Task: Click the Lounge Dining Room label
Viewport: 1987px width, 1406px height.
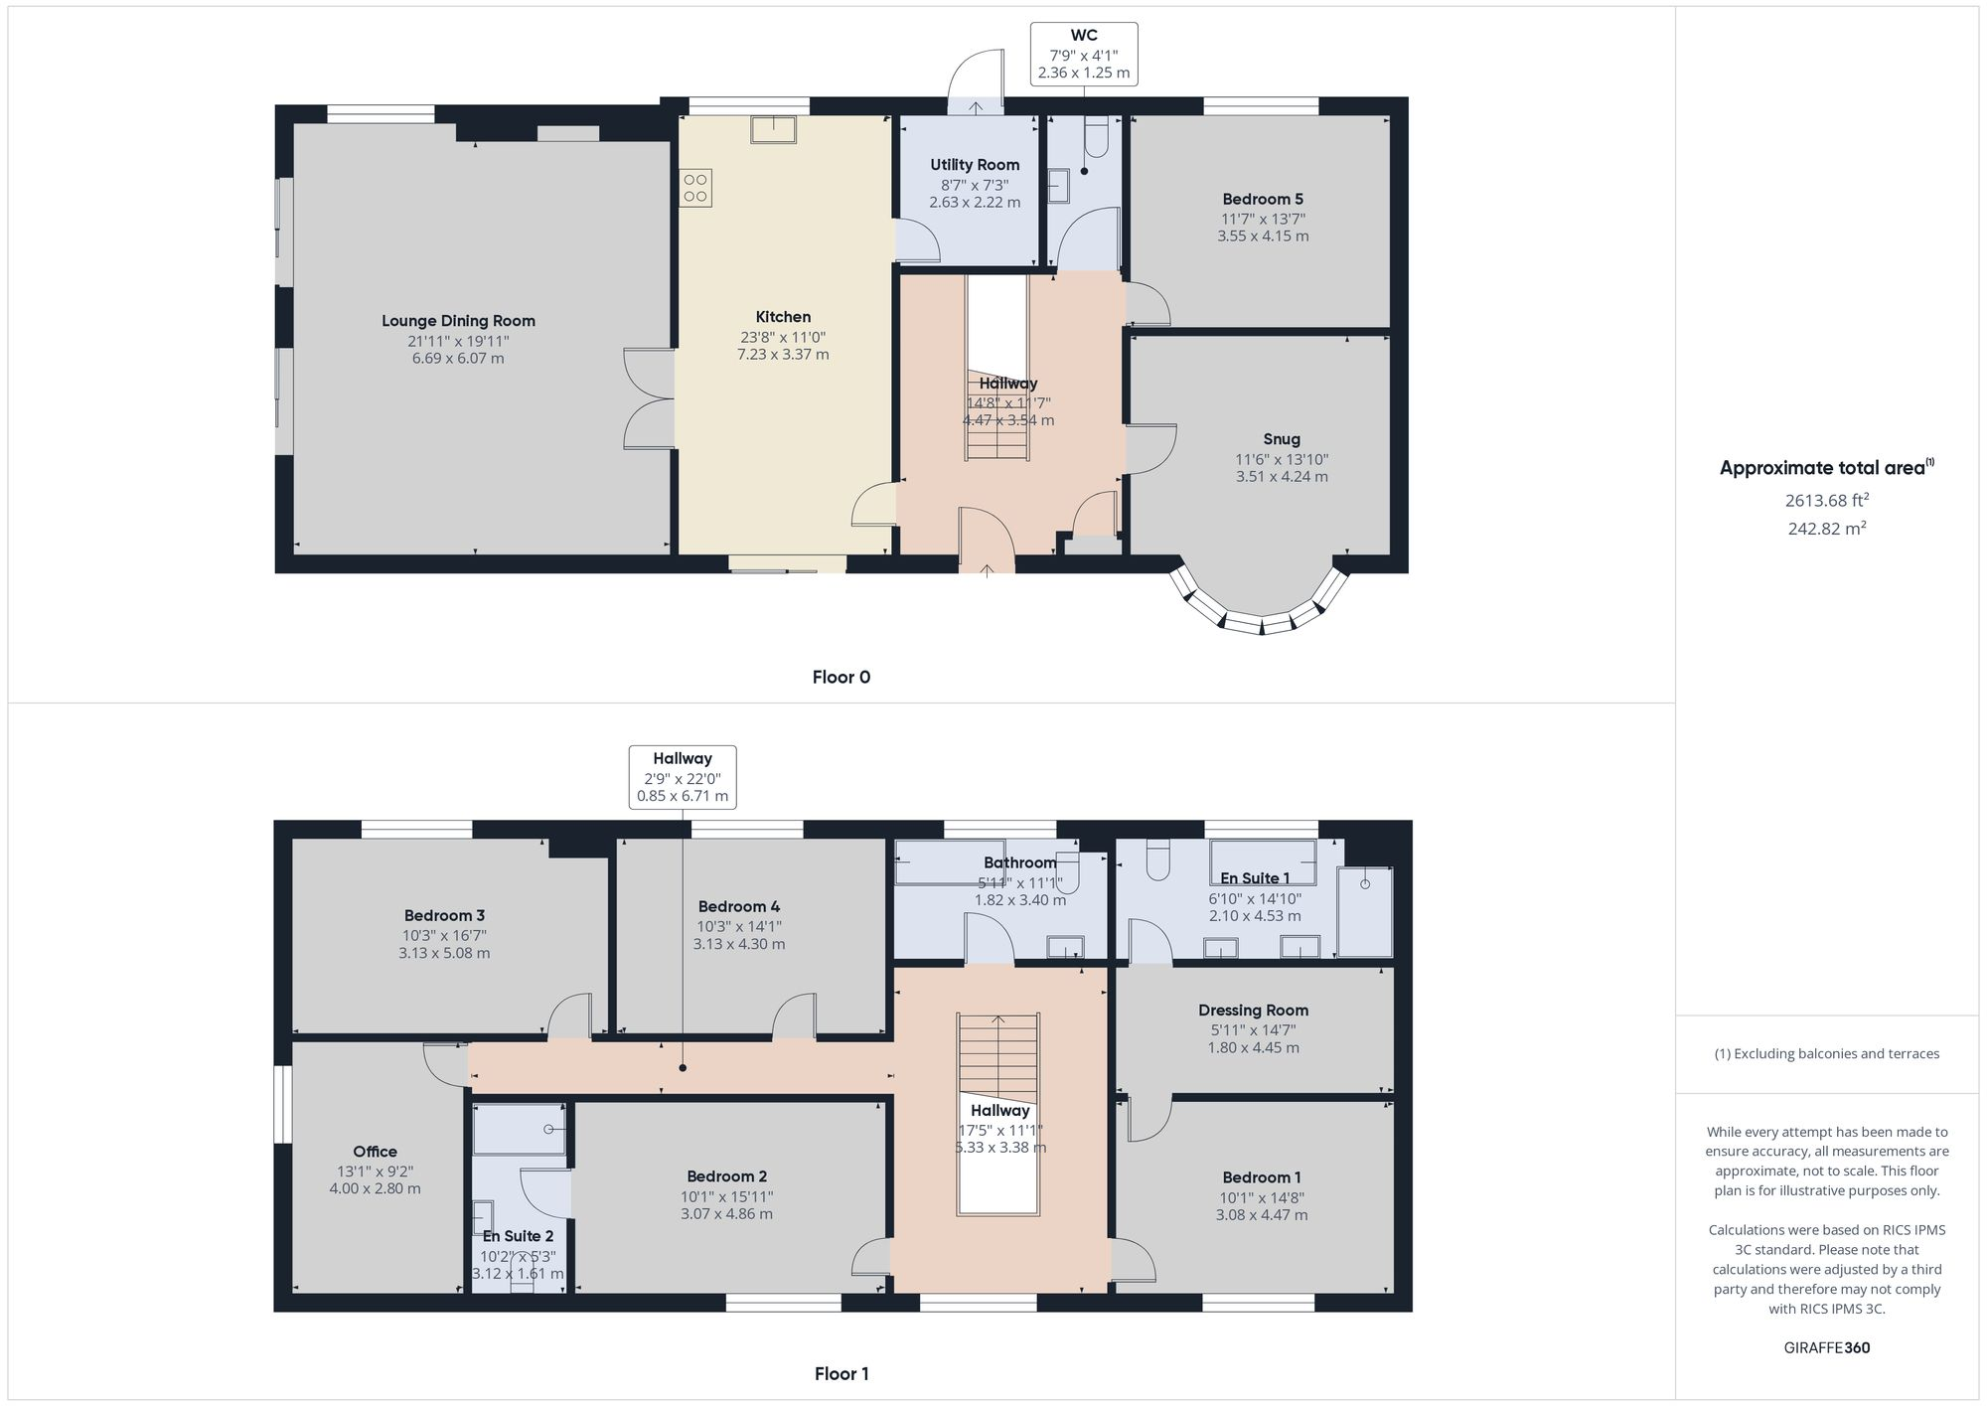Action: click(458, 321)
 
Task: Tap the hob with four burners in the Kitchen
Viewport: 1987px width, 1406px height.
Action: click(695, 188)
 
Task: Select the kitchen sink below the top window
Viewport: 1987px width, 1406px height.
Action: click(773, 130)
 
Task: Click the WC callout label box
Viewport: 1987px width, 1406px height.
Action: click(1083, 55)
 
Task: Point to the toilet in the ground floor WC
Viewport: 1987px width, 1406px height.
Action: click(1096, 137)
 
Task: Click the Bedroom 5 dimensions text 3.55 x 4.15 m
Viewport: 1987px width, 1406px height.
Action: click(1263, 236)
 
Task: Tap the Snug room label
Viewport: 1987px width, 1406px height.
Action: click(1281, 439)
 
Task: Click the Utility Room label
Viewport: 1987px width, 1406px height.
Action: click(975, 165)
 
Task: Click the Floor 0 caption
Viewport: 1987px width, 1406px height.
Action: click(841, 678)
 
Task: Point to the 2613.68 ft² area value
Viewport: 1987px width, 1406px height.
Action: click(1826, 500)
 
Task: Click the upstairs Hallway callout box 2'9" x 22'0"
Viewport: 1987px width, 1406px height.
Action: click(683, 777)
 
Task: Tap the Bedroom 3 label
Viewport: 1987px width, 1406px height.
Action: click(444, 916)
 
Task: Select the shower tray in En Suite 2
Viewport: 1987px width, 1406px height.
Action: click(519, 1130)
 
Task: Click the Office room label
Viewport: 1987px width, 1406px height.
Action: click(375, 1152)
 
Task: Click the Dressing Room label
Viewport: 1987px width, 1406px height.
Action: click(1253, 1011)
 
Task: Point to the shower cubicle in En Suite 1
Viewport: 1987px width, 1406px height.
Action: click(1364, 911)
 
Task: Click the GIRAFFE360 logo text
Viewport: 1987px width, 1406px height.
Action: click(1826, 1348)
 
